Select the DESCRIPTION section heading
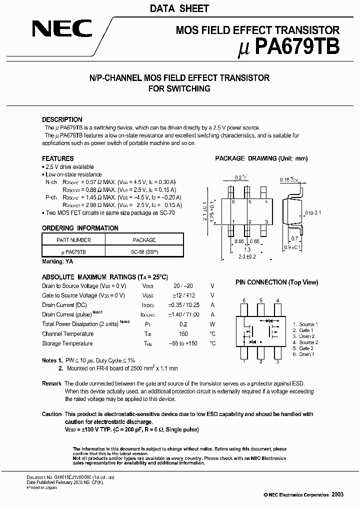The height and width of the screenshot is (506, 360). (62, 119)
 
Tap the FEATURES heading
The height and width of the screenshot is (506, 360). (57, 158)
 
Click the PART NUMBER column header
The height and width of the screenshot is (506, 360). (73, 240)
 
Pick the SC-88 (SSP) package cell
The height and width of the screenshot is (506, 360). (144, 252)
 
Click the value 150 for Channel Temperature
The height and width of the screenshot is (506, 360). (183, 333)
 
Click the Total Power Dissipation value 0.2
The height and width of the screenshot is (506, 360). (183, 324)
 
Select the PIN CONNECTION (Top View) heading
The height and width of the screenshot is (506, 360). (276, 282)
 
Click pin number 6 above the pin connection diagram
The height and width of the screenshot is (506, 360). (243, 300)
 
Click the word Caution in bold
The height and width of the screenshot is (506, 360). (52, 414)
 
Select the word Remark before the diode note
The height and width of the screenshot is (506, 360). (52, 383)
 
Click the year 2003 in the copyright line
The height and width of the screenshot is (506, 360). (337, 494)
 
